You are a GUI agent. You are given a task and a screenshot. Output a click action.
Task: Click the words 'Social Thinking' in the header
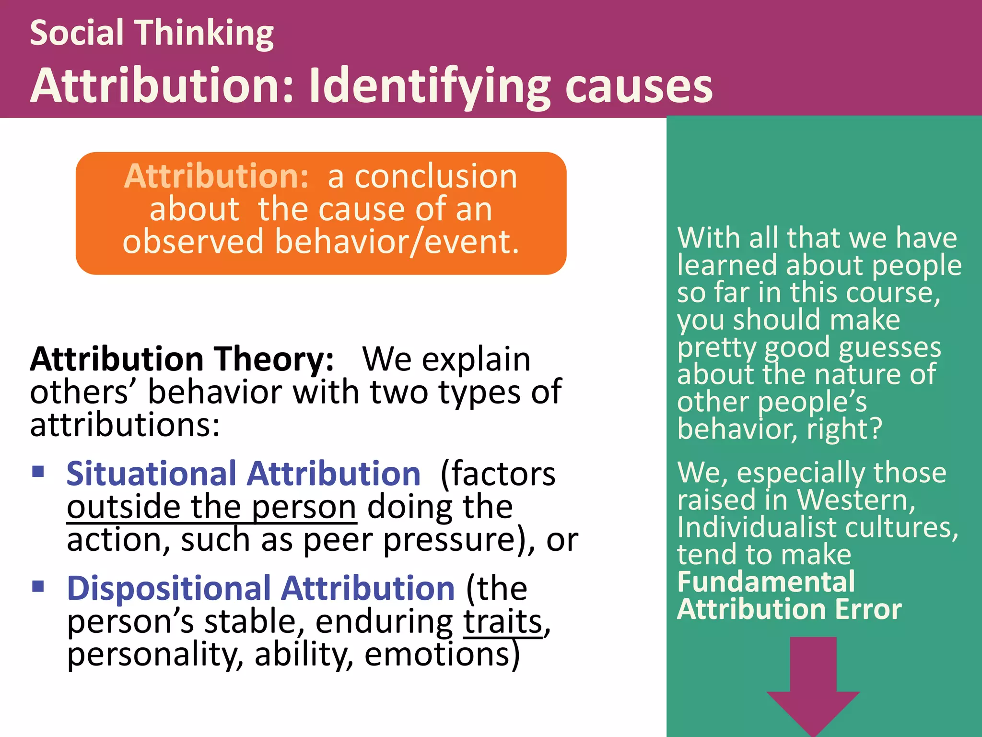152,33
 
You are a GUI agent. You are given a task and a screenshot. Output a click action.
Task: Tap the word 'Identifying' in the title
430,86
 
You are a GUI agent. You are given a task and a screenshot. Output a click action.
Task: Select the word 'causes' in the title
639,86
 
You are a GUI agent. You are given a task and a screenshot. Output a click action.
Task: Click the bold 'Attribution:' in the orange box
216,176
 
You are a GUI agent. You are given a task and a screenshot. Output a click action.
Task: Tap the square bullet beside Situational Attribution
38,471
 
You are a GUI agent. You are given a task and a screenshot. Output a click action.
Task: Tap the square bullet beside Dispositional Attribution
38,586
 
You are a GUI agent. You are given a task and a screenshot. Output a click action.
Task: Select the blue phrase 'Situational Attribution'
243,474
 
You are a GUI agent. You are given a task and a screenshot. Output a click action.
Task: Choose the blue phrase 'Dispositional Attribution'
260,589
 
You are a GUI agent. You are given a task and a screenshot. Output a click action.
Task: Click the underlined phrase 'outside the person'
211,507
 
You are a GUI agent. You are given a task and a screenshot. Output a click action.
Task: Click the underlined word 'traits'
503,622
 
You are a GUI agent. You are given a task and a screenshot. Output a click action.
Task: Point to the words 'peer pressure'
409,540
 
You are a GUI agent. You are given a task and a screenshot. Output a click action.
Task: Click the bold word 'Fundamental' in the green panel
766,582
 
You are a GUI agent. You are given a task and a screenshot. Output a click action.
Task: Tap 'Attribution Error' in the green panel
789,609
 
